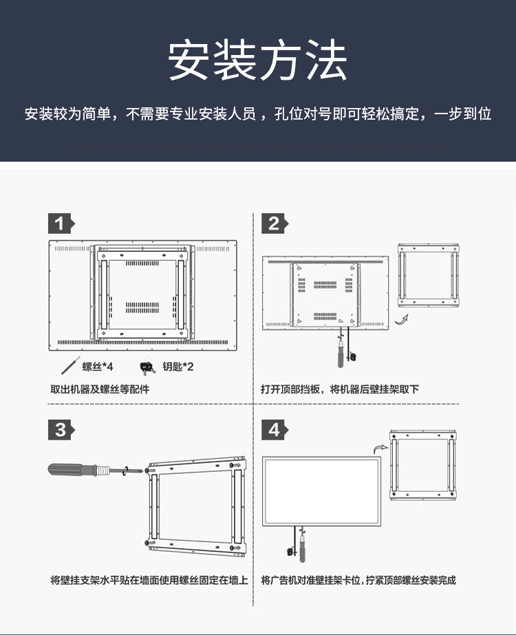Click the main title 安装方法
click(x=258, y=61)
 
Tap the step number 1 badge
click(x=60, y=223)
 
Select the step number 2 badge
click(x=273, y=223)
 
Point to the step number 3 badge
click(x=60, y=429)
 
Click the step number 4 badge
click(x=273, y=429)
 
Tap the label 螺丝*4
click(x=97, y=367)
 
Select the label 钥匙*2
click(x=178, y=367)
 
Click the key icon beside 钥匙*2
click(x=147, y=367)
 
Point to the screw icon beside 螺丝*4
click(x=69, y=365)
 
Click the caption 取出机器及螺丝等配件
click(x=100, y=389)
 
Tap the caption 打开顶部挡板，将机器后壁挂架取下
click(x=340, y=389)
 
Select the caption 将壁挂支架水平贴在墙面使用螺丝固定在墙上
click(x=149, y=580)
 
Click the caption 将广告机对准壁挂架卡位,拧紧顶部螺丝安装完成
click(x=358, y=580)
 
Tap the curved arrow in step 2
click(x=402, y=319)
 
